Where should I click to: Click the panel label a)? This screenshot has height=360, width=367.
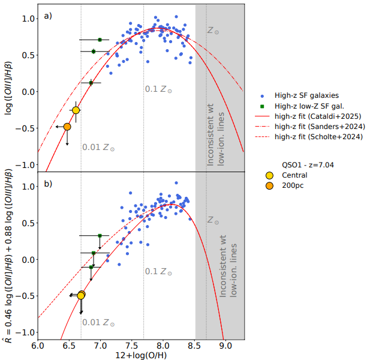tap(49, 16)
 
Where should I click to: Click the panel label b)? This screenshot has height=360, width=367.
tap(49, 184)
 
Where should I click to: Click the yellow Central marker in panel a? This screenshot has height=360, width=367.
tap(76, 110)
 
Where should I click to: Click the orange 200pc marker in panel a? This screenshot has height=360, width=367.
tap(67, 127)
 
